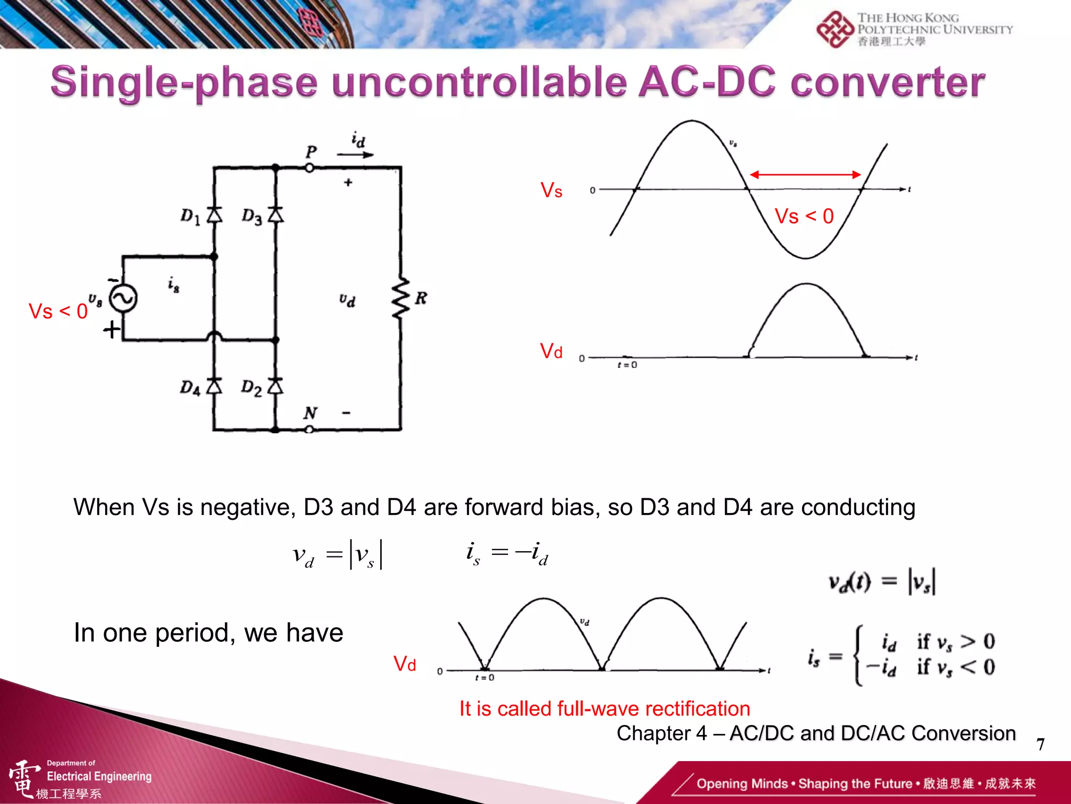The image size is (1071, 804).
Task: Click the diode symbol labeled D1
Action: (214, 215)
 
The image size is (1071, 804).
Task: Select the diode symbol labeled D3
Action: (276, 215)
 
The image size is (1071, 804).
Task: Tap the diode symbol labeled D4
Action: (214, 386)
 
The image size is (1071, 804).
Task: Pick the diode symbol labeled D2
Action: (276, 386)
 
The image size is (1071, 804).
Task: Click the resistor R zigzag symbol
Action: (401, 298)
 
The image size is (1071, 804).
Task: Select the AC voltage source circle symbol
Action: (123, 298)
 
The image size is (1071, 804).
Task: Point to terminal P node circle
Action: (310, 168)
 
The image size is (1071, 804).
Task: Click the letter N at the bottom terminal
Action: (310, 414)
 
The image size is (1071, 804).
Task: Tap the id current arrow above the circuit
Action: (355, 155)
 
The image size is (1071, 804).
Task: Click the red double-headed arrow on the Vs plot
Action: (805, 175)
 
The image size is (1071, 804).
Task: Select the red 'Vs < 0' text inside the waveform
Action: (804, 216)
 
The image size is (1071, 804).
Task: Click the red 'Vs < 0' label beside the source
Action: (58, 311)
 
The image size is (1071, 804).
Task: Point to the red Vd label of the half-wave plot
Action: (551, 351)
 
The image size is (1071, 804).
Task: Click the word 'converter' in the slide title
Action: (887, 83)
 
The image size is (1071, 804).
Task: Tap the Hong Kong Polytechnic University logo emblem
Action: (835, 29)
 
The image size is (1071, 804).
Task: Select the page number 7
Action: (1040, 744)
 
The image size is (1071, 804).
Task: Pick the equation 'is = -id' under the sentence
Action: (507, 554)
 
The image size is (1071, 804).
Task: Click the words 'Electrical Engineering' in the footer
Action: (99, 776)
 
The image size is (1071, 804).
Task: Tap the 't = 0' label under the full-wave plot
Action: (485, 678)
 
